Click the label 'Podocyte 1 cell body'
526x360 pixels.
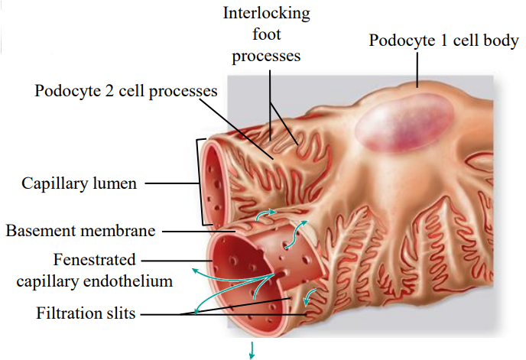pos(443,40)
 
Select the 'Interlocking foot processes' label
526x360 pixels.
pos(266,34)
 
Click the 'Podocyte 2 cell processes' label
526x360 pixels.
pos(126,91)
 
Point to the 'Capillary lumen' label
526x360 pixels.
pos(79,183)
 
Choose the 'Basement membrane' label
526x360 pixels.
pos(81,230)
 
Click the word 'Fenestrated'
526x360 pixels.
pos(95,260)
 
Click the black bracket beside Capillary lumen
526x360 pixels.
pos(200,182)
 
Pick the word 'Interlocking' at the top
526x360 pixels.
pos(267,13)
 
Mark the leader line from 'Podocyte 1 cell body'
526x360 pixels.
pos(417,68)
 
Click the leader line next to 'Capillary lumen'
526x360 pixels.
pos(170,183)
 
